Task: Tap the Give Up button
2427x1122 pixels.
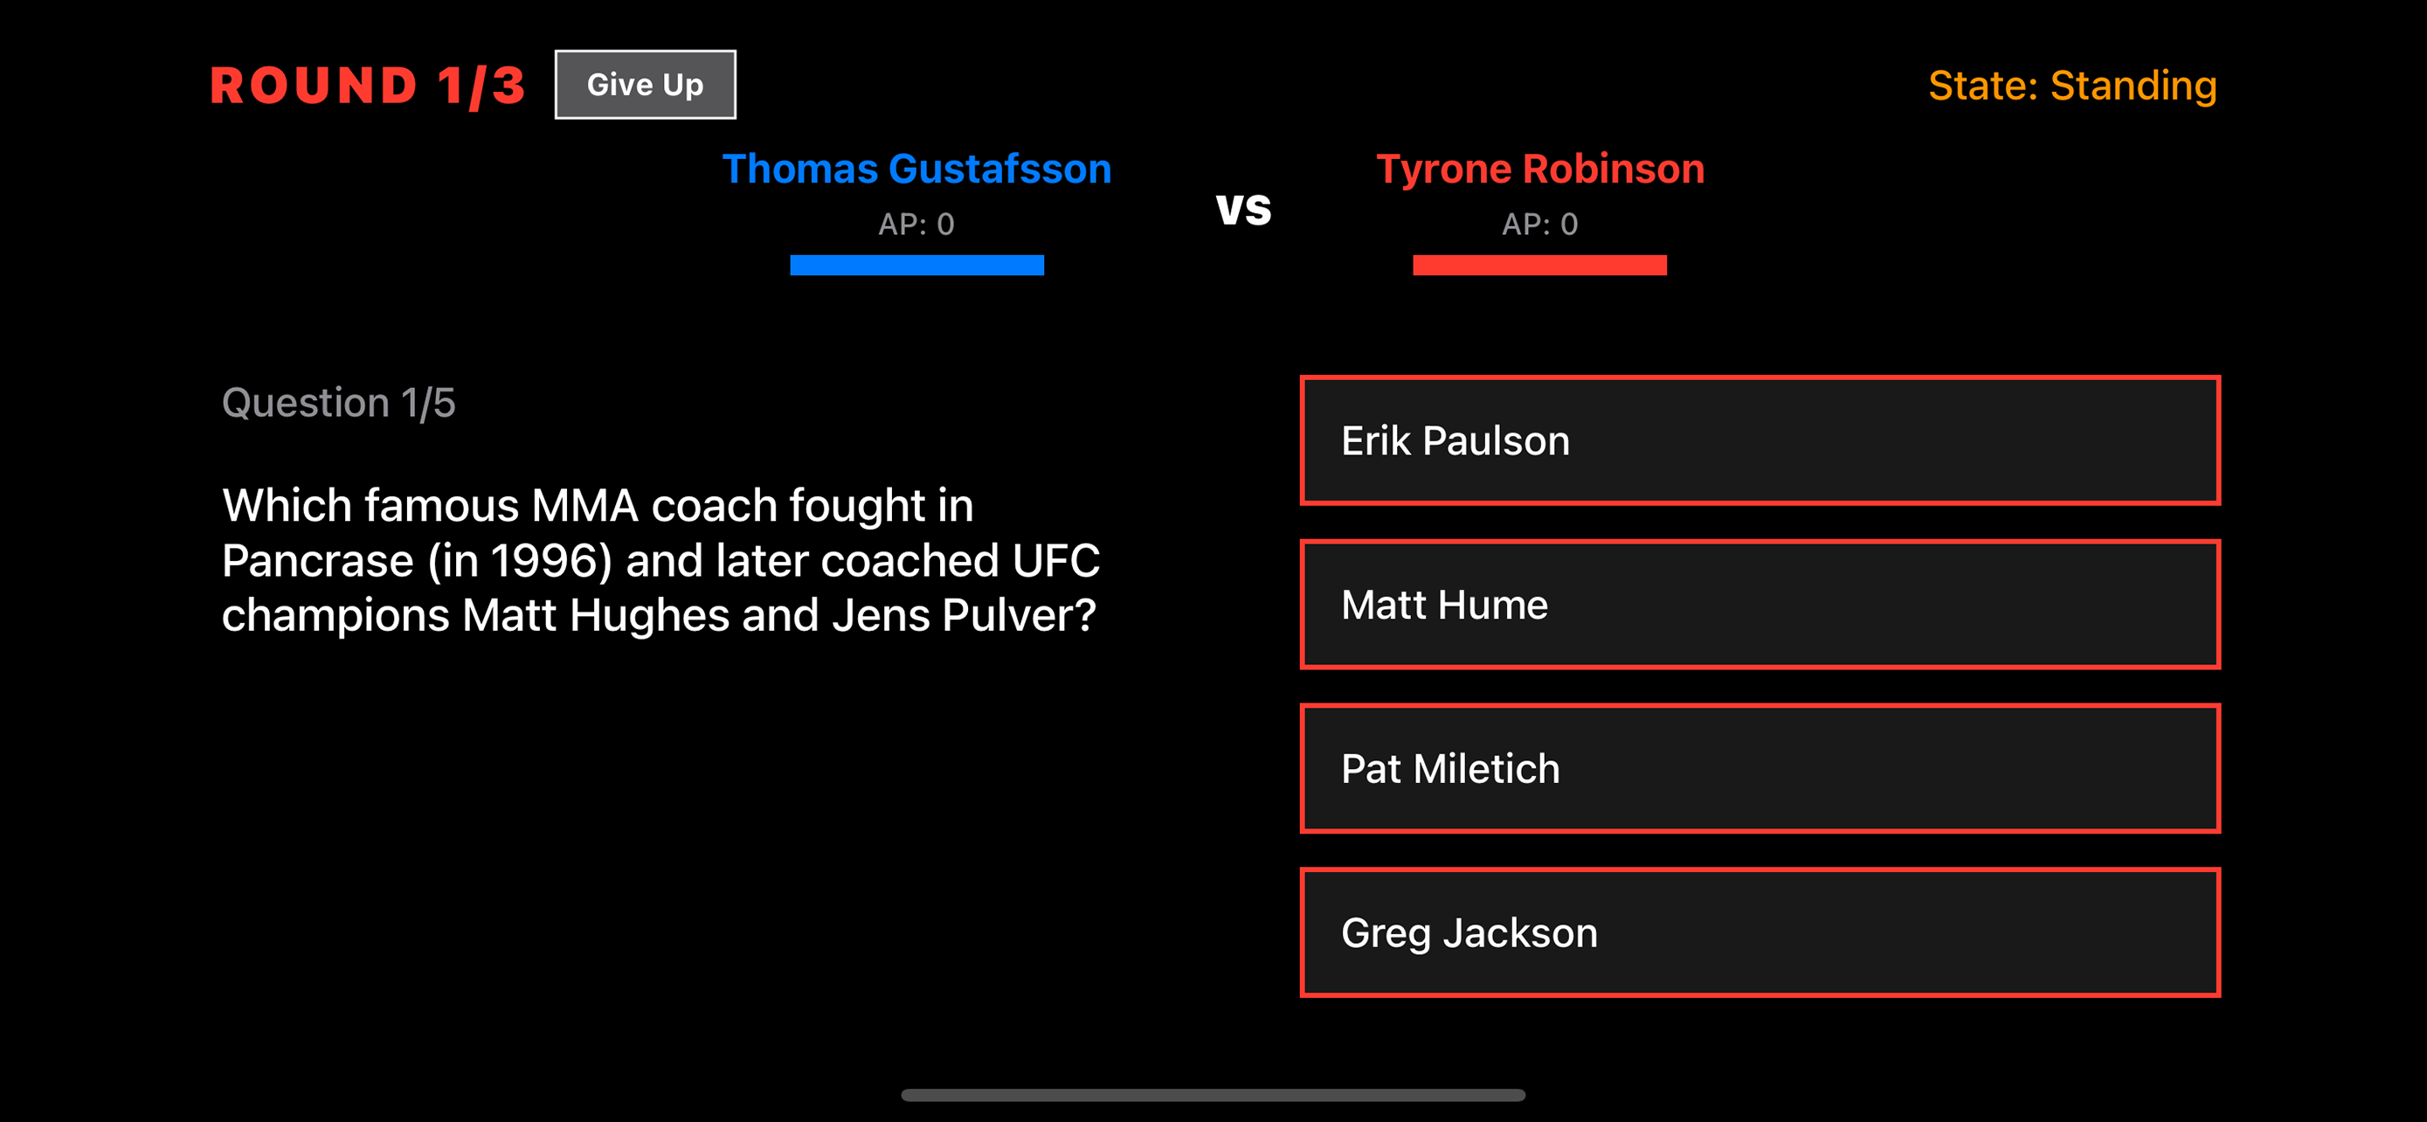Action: (645, 85)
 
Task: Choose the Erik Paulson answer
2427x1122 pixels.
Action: (1759, 441)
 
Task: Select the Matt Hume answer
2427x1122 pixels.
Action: (1759, 605)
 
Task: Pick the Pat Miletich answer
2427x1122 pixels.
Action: (1759, 769)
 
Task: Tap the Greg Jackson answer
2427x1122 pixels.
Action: (1759, 932)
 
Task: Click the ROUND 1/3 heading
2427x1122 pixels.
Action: (367, 86)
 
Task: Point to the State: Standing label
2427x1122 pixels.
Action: (2071, 86)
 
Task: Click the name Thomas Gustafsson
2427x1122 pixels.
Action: (916, 170)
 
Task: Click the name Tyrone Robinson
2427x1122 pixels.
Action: (1539, 170)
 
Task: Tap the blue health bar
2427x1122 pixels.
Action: (916, 266)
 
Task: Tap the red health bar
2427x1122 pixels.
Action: (1539, 266)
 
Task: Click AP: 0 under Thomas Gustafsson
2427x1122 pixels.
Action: (916, 225)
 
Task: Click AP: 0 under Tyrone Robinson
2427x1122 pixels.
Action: (1539, 225)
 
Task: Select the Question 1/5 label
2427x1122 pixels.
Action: (338, 403)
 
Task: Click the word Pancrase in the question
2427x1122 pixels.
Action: (317, 562)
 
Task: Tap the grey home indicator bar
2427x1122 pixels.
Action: (1213, 1095)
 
